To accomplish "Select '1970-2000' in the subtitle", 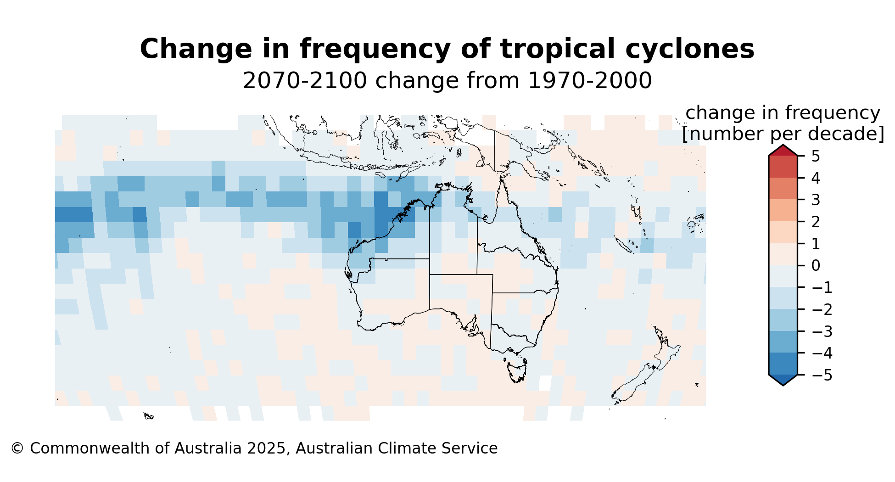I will pyautogui.click(x=590, y=81).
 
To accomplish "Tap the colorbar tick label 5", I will pyautogui.click(x=816, y=157).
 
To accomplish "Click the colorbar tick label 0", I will pyautogui.click(x=816, y=266).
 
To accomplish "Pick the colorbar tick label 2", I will pyautogui.click(x=816, y=222).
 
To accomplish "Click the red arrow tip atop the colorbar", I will pyautogui.click(x=783, y=150).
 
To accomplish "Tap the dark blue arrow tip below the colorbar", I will pyautogui.click(x=783, y=380).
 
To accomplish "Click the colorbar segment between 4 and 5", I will pyautogui.click(x=783, y=167).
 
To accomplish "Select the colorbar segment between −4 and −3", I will pyautogui.click(x=783, y=342).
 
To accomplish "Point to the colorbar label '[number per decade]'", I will pyautogui.click(x=783, y=134).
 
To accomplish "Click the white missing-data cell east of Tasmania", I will pyautogui.click(x=545, y=383).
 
